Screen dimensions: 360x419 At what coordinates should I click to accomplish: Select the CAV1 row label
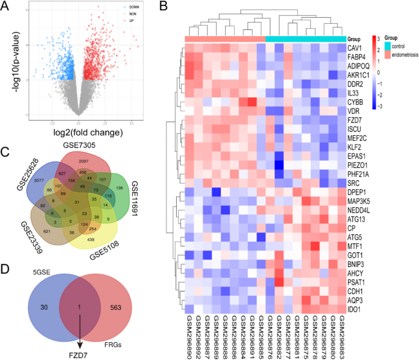click(355, 47)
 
